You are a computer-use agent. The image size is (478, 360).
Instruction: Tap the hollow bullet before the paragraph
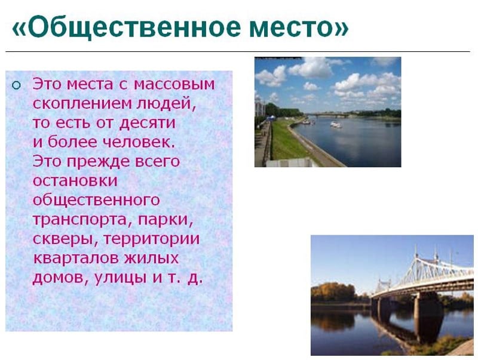tap(16, 84)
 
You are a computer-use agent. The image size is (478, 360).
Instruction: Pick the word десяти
tap(147, 123)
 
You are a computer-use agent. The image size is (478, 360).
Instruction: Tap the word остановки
tap(75, 180)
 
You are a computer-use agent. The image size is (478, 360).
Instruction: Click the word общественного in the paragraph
tap(96, 200)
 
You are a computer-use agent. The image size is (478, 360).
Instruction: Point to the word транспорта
tap(82, 220)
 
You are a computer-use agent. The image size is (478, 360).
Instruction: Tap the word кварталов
tap(77, 258)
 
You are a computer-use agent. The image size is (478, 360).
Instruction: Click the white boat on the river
tap(336, 125)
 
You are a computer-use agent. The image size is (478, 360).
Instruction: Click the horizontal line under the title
tap(239, 52)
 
